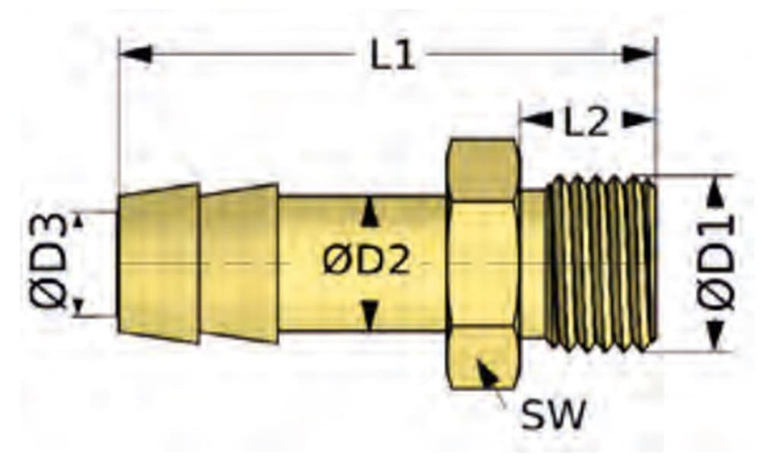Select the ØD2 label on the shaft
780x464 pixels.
(x=367, y=261)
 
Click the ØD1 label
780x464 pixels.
(x=716, y=263)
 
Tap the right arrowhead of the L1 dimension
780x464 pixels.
(x=639, y=53)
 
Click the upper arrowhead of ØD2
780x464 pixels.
(x=368, y=211)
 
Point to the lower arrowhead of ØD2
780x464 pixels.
(x=369, y=315)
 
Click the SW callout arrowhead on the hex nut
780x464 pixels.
(x=487, y=370)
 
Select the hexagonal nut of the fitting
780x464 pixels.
(x=482, y=264)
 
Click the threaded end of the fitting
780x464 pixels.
(x=601, y=263)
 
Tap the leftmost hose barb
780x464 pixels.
(x=158, y=263)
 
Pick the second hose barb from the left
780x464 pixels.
(x=239, y=263)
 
